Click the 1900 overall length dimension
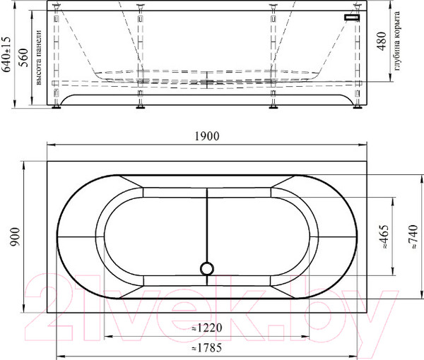(x=207, y=136)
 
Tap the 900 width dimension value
(x=15, y=237)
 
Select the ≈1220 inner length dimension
(x=207, y=328)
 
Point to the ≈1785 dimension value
(x=206, y=348)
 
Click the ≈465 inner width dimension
(x=384, y=237)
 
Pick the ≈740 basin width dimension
(x=413, y=237)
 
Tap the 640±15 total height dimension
(x=6, y=54)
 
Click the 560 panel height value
(x=23, y=57)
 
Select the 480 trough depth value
(x=382, y=41)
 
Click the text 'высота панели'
(x=38, y=57)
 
